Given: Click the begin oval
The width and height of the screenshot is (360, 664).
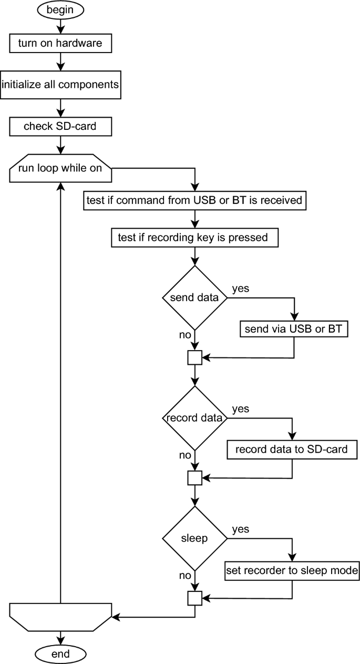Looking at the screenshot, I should (60, 10).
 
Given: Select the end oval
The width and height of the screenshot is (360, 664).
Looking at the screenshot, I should (60, 653).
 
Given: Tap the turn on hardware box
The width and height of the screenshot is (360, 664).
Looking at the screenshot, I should (60, 44).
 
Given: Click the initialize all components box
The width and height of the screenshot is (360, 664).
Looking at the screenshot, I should (60, 84).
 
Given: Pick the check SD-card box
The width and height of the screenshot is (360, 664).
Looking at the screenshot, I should (60, 126).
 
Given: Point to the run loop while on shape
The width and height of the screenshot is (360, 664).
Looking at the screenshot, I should (60, 168).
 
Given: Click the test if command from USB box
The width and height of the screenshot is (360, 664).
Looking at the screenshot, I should (195, 200).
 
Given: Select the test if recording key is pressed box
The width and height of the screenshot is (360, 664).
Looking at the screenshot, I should (195, 238).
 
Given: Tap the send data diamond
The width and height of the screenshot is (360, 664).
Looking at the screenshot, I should (195, 298).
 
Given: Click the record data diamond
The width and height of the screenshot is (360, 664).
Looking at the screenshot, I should (195, 418).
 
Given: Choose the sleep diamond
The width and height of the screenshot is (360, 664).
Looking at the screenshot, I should (195, 538).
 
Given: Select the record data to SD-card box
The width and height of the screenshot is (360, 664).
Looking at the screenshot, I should (292, 450).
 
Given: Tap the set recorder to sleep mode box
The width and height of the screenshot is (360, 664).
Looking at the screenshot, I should (292, 570).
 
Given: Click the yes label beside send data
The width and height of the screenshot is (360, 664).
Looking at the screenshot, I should (240, 288).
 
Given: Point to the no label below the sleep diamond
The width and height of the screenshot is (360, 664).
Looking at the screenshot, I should (184, 575).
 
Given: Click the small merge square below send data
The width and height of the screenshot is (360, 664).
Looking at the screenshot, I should (195, 357).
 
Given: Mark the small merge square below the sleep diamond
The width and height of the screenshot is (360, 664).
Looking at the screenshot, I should (195, 598).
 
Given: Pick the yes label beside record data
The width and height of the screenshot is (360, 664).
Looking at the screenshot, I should (240, 408).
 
